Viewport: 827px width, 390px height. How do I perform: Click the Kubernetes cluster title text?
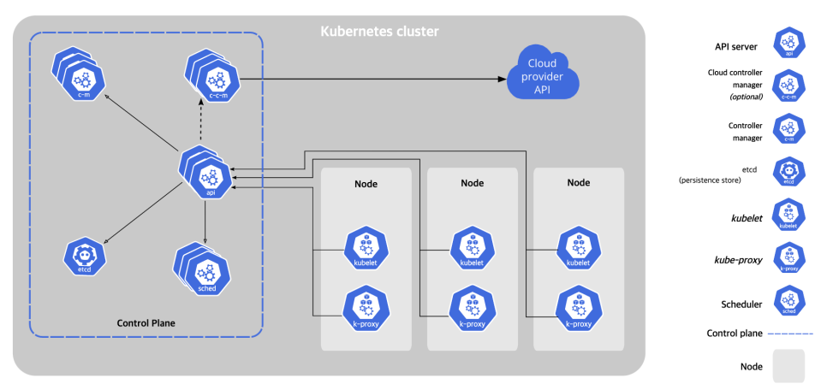click(379, 32)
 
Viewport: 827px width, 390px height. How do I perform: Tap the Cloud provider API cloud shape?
click(543, 74)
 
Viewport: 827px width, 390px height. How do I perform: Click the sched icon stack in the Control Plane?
click(201, 269)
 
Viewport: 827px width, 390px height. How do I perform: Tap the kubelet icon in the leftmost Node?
click(366, 248)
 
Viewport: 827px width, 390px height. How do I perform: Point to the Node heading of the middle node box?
click(472, 183)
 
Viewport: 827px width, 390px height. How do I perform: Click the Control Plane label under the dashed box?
click(146, 323)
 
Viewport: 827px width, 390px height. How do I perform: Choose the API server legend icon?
click(789, 44)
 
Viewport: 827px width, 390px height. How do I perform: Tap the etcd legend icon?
click(789, 173)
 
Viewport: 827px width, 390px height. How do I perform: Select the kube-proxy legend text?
click(738, 260)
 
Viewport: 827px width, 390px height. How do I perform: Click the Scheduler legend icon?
click(789, 301)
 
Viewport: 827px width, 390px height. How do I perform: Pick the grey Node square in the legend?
click(789, 366)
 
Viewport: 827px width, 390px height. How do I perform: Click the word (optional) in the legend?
click(746, 97)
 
